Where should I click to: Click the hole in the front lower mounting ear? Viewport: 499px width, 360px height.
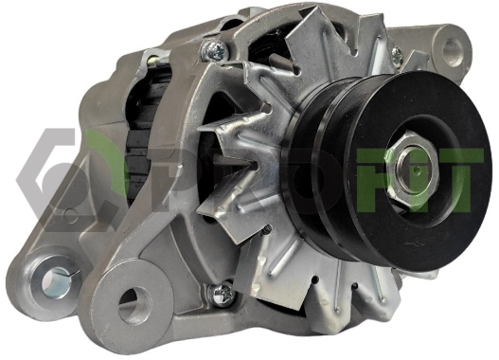[133, 303]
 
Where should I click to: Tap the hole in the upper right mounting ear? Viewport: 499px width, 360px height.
[454, 48]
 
